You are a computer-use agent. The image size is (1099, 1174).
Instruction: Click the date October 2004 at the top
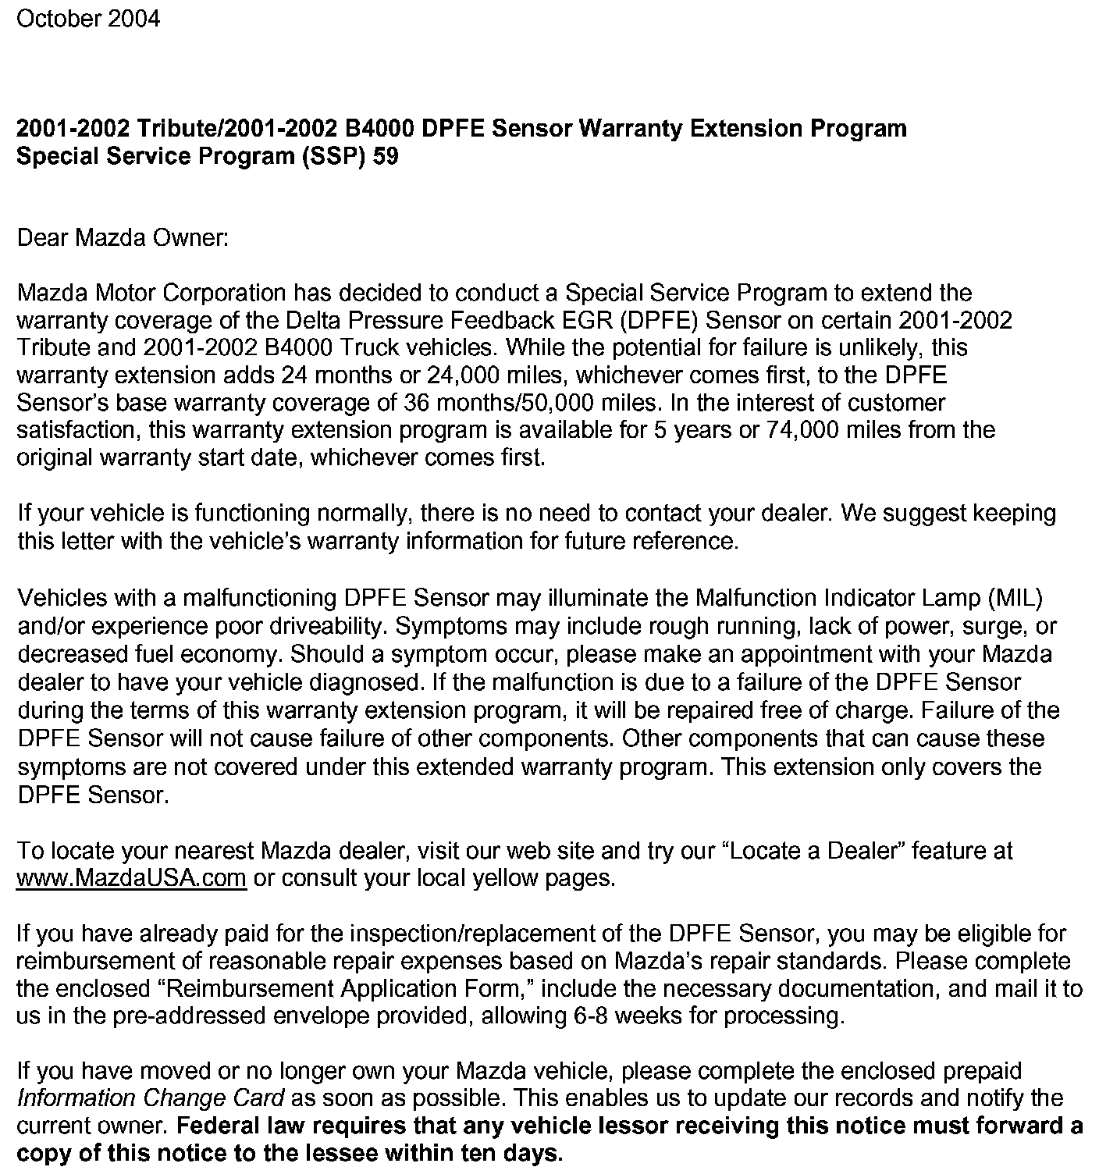(x=88, y=18)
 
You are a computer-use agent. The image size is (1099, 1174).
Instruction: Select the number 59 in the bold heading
(x=385, y=156)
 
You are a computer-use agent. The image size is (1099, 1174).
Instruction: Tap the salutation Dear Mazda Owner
(x=123, y=237)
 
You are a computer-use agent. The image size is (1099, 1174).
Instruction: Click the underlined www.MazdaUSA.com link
(x=132, y=878)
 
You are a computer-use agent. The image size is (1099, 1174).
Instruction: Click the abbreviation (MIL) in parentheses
(x=1015, y=598)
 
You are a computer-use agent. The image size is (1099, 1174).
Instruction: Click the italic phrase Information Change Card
(x=151, y=1099)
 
